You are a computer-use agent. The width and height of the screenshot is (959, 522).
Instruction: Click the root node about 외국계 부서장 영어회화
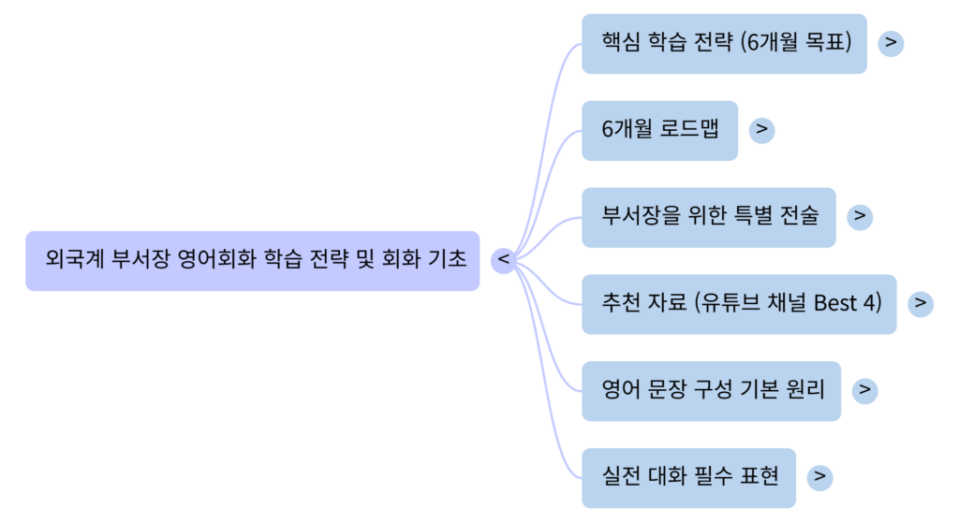coord(253,260)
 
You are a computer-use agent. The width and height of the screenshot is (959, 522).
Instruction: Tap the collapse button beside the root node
coord(504,259)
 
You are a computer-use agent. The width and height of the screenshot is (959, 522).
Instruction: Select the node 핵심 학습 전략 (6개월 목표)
coord(724,43)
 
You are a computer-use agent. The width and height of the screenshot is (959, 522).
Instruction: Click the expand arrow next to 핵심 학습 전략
coord(891,43)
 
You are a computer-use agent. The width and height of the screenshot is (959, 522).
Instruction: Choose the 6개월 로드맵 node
coord(659,130)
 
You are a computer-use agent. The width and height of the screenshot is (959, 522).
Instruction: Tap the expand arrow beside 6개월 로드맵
coord(761,130)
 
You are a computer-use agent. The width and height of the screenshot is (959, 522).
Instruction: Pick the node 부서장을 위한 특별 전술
coord(708,217)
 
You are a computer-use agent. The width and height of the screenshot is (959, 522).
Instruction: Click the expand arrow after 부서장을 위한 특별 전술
coord(859,217)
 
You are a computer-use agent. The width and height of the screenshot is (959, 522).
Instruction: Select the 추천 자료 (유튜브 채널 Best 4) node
coord(739,303)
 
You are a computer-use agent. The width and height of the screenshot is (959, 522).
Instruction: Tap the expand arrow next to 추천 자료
coord(921,303)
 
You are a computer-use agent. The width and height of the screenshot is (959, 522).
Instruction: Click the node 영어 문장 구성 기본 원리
coord(711,389)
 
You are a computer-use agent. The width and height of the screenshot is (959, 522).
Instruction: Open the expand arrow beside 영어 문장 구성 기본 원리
coord(864,389)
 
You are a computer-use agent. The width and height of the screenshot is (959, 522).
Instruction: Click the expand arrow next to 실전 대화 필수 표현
coord(819,476)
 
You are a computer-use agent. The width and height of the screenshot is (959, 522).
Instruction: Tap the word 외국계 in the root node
coord(74,260)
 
